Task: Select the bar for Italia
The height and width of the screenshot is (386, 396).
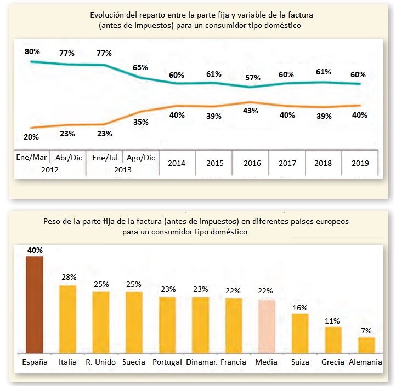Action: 67,319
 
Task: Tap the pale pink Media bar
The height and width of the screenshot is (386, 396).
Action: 267,326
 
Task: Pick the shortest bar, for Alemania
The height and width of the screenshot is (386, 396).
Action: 366,345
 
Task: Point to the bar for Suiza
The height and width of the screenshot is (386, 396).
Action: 300,333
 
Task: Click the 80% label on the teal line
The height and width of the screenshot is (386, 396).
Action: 32,51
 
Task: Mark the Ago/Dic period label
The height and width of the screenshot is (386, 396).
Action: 141,158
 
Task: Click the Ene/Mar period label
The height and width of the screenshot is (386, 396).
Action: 32,158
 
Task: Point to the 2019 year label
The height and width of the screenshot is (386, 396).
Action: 360,163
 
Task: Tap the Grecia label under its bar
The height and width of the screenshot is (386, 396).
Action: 333,362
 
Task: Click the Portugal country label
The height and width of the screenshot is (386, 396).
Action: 167,362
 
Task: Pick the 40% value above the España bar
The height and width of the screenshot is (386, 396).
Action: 35,250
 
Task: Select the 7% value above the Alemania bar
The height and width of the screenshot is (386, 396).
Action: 366,331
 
